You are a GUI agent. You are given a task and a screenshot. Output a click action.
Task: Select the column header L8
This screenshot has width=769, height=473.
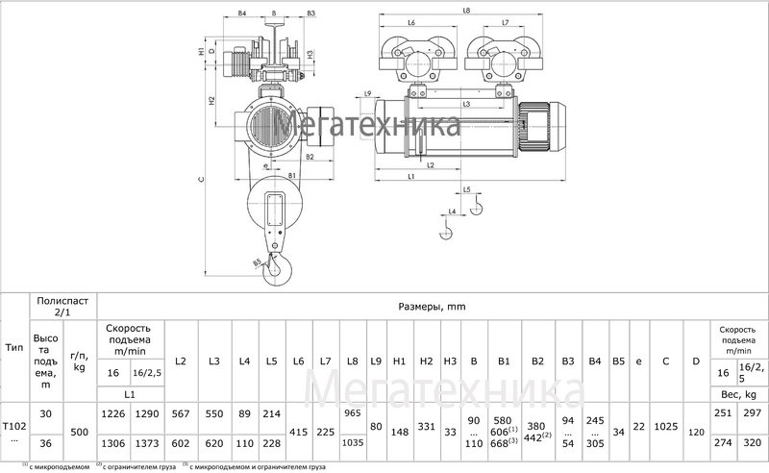tap(353, 361)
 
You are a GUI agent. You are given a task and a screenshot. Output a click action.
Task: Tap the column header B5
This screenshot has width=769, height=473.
tap(619, 361)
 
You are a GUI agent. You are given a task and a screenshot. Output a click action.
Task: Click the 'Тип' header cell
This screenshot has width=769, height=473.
tap(14, 347)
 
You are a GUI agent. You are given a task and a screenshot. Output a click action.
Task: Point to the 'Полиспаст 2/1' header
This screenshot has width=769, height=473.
tap(62, 308)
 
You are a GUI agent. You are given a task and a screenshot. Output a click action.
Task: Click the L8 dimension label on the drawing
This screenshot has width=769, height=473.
tap(465, 10)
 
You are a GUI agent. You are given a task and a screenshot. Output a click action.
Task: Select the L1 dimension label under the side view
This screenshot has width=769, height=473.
tap(410, 177)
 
